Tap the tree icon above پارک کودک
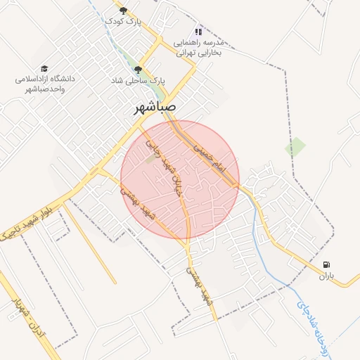tap(124, 11)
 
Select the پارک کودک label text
tap(124, 22)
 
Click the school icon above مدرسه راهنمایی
tap(198, 32)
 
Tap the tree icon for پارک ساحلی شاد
tap(138, 70)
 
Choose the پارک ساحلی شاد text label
tap(137, 81)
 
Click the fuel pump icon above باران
tap(326, 265)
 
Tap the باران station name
tap(324, 277)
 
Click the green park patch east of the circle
tap(295, 147)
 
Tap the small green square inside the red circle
tap(150, 160)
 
